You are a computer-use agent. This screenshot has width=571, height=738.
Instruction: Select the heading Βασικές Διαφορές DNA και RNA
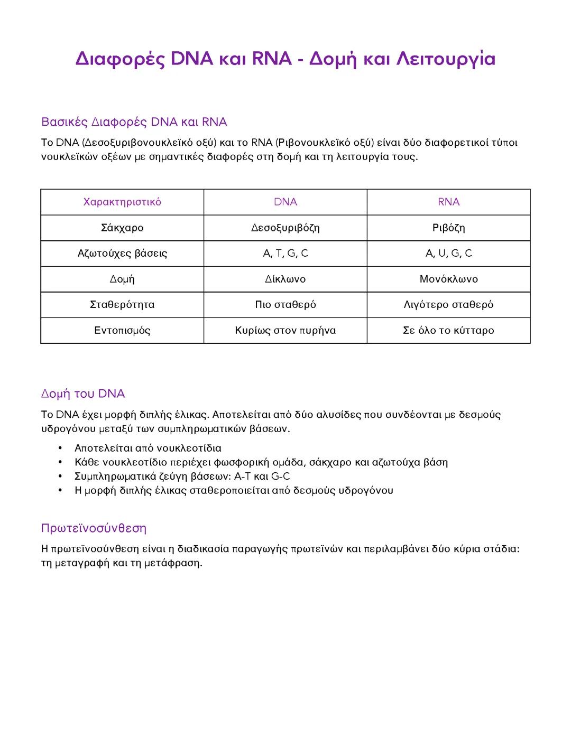coord(134,122)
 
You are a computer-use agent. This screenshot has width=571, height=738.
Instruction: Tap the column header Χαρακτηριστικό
coord(122,202)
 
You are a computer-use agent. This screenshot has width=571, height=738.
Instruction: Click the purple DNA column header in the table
coord(285,202)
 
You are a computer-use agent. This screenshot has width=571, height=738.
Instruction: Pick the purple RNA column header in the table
coord(448,202)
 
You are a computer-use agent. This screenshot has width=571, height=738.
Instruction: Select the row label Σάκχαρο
coord(122,228)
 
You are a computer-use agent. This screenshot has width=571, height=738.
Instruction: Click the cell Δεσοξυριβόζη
coord(285,228)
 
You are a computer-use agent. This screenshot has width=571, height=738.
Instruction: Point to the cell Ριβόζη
coord(448,228)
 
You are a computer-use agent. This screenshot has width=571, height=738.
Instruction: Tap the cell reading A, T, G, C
coord(285,253)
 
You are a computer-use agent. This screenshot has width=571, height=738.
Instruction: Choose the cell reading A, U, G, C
coord(448,253)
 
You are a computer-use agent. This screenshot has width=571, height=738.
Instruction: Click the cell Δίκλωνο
coord(285,279)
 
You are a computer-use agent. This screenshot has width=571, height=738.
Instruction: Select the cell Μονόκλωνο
coord(448,279)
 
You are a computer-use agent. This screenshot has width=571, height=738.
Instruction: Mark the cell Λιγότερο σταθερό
coord(448,304)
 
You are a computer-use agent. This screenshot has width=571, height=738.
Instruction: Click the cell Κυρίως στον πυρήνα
coord(285,330)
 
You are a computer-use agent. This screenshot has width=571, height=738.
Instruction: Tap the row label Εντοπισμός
coord(122,330)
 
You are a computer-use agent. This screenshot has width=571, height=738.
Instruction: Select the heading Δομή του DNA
coord(83,394)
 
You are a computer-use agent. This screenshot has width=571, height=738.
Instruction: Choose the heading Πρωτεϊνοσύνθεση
coord(94,528)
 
